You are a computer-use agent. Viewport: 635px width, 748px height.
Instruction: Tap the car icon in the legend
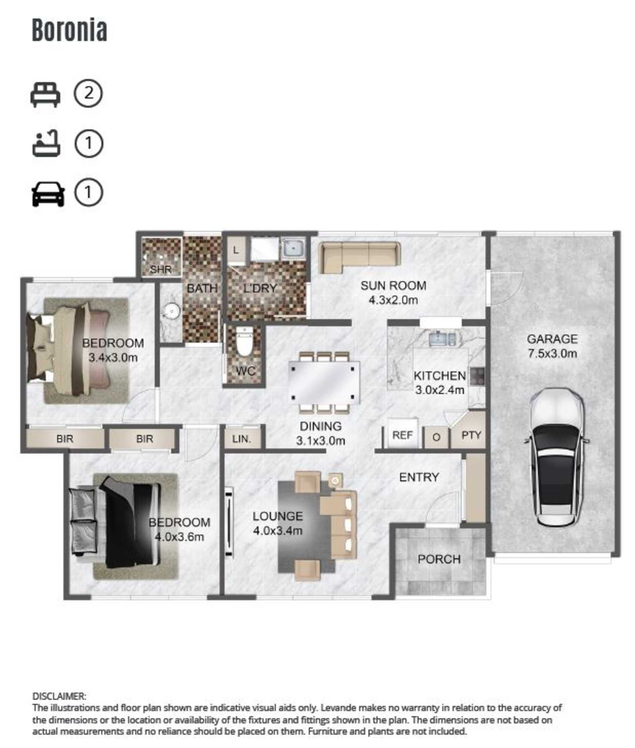48,194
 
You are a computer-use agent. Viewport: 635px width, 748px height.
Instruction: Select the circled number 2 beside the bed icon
88,93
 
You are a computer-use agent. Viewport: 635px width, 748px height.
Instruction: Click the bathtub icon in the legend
46,143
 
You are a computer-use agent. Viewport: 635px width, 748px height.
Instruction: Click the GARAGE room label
552,339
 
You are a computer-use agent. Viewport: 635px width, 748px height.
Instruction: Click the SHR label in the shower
160,269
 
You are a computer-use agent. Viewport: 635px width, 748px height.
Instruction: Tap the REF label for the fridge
402,435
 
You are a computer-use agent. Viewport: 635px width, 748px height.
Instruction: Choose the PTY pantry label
471,435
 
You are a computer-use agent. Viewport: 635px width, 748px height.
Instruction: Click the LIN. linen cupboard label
241,439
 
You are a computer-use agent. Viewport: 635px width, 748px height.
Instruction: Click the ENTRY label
419,477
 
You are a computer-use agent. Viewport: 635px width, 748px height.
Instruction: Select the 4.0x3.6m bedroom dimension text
179,537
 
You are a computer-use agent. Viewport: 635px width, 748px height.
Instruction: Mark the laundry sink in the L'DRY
293,247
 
